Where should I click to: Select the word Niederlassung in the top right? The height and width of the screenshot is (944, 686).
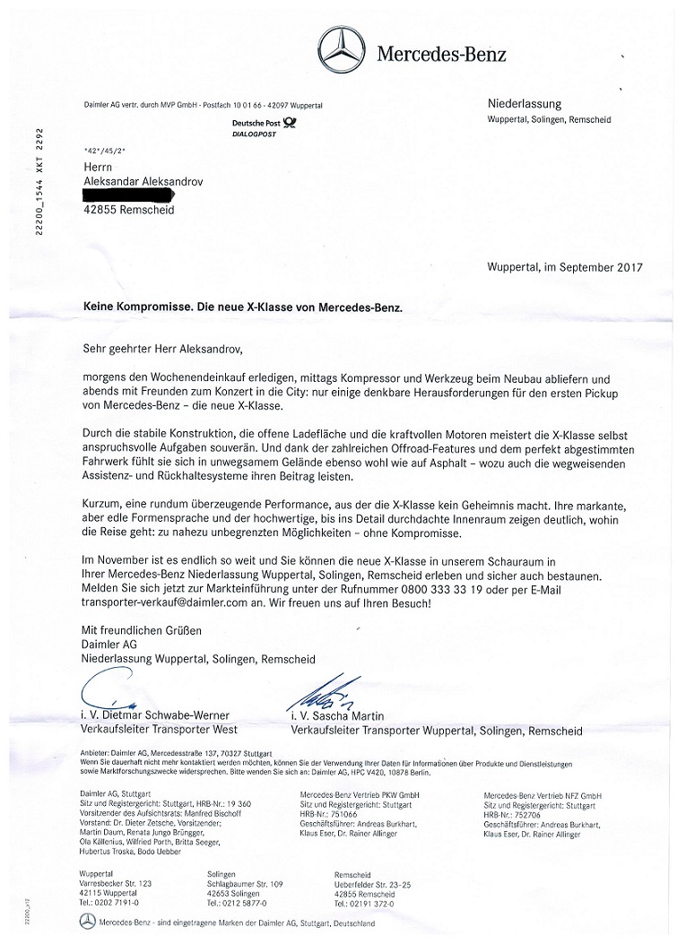click(524, 104)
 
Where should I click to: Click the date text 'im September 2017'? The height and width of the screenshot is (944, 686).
click(593, 267)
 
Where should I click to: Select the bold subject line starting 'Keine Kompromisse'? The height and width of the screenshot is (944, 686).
click(242, 307)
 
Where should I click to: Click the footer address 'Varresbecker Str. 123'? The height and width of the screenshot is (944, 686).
click(116, 883)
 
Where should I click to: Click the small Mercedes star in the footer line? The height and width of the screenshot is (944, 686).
click(87, 922)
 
